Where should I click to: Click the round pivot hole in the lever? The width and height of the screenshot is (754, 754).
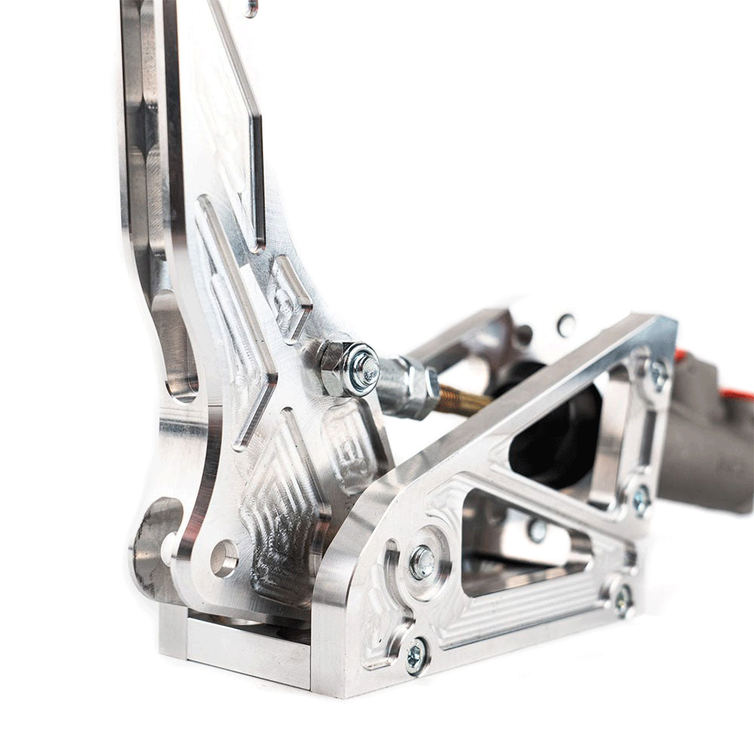coord(224,558)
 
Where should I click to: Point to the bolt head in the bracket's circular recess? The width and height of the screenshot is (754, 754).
coord(422,562)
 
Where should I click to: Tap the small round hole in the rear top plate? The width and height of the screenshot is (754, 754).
coord(566,325)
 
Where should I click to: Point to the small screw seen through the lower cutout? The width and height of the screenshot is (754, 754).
coord(537,530)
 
